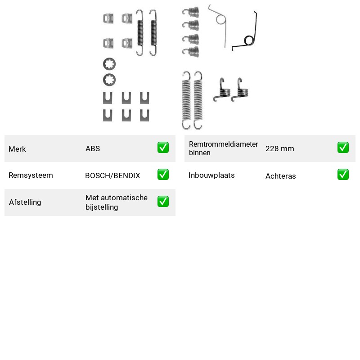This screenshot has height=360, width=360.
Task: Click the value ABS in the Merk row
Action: click(93, 148)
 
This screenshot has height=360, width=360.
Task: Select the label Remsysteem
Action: click(31, 175)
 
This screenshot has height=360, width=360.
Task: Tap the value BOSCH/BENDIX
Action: click(112, 175)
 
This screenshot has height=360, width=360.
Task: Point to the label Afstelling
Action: click(25, 202)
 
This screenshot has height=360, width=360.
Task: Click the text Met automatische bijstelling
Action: click(117, 202)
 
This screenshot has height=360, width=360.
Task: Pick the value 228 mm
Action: click(279, 148)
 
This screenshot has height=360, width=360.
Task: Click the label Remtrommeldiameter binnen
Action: click(223, 148)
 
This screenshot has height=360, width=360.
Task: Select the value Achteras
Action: click(280, 176)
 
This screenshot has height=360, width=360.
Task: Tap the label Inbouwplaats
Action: click(211, 175)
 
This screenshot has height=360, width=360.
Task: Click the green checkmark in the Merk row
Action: click(163, 148)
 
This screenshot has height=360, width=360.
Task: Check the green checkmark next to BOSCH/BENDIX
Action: click(163, 175)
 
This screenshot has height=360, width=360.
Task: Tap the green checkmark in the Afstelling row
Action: click(163, 201)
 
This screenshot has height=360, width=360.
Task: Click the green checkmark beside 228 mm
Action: click(343, 148)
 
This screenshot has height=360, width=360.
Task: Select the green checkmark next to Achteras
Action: click(343, 175)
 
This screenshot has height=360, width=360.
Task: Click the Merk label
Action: click(17, 149)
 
